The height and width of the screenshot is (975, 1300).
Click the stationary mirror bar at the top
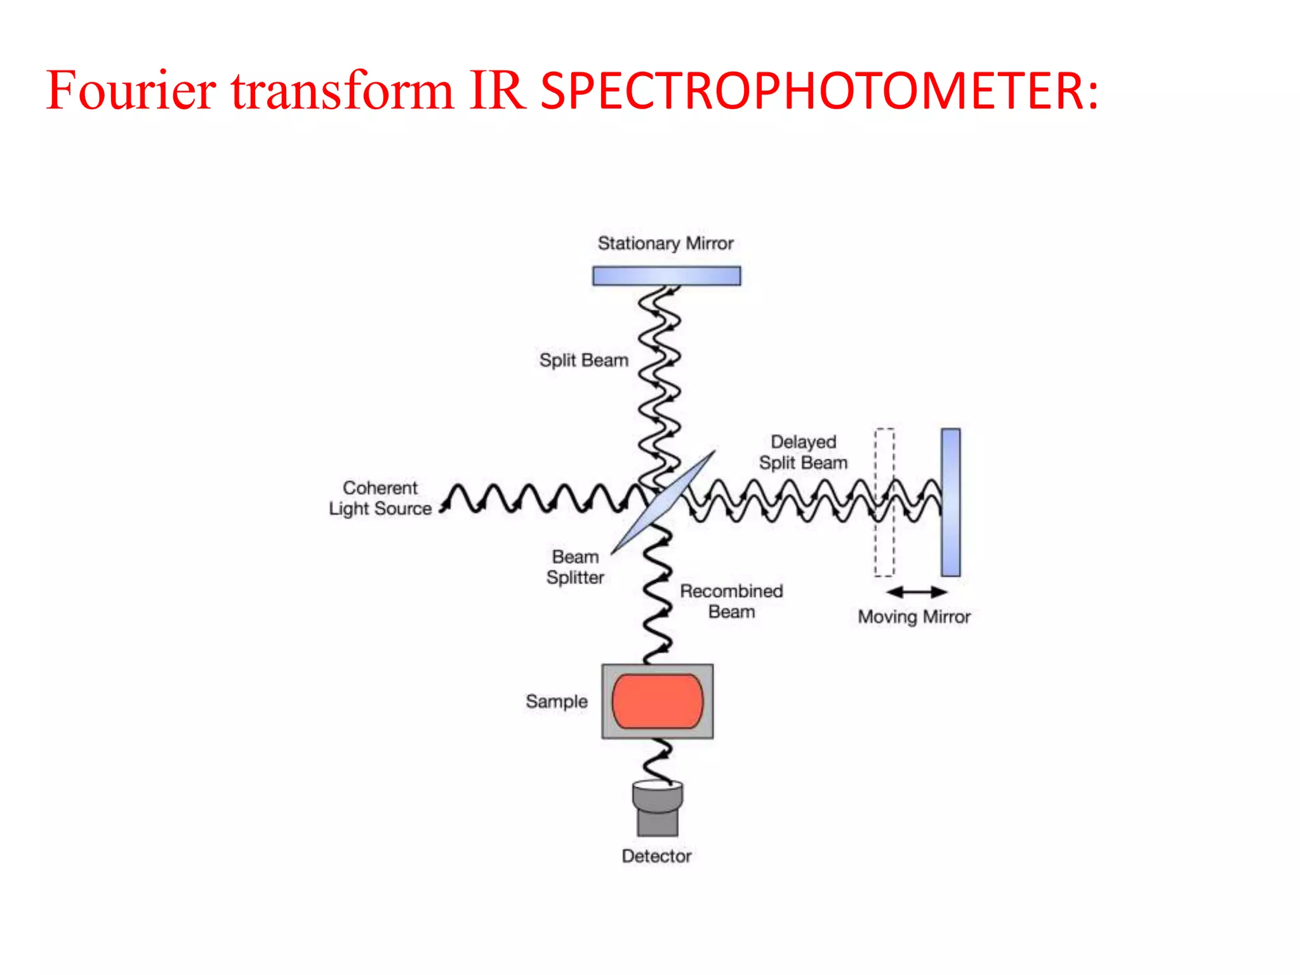point(667,275)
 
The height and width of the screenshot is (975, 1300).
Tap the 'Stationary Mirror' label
point(665,243)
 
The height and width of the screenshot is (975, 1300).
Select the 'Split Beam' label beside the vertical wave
point(583,360)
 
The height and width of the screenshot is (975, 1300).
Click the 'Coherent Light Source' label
point(380,498)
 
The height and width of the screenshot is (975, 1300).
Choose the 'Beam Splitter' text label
point(575,567)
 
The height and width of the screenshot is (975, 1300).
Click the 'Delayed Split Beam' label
point(803,452)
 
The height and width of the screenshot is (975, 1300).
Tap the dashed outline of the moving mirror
point(884,502)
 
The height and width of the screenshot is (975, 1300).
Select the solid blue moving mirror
point(950,502)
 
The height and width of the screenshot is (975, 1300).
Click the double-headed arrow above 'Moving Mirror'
point(917,592)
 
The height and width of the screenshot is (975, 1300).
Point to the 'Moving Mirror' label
point(914,616)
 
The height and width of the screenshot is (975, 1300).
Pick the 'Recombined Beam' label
point(731,601)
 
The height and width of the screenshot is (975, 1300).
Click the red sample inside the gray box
point(658,701)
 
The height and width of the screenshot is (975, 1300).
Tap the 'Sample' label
point(556,701)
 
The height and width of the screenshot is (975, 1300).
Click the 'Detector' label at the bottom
point(656,856)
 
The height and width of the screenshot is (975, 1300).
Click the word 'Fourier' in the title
point(131,90)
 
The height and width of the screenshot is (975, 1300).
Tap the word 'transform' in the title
point(342,90)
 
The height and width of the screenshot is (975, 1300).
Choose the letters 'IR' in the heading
point(498,90)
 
